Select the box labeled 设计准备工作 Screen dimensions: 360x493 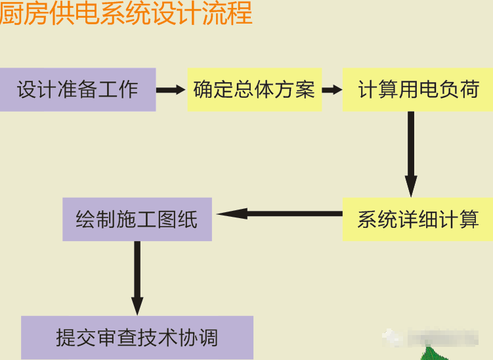point(77,89)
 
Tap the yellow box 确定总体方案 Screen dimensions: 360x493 point(255,89)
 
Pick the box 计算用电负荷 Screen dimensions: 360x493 point(418,89)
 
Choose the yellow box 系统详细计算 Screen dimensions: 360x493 point(418,219)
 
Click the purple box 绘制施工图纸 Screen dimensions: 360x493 point(137,219)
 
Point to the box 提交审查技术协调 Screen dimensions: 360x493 point(137,338)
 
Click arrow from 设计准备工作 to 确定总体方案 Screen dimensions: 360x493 point(171,89)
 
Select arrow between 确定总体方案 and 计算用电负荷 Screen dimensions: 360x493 point(332,89)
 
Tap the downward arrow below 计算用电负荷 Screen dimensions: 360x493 point(411,154)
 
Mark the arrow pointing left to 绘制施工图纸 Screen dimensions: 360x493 point(280,214)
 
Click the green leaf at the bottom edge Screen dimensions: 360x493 point(436,354)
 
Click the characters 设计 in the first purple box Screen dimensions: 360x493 point(37,89)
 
